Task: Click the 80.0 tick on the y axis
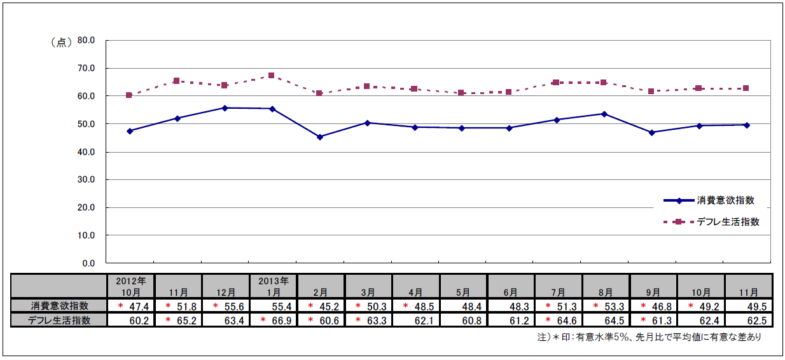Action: pos(86,40)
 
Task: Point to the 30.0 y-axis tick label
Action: pos(86,179)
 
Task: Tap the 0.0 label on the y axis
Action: pos(88,263)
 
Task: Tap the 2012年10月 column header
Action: pos(130,286)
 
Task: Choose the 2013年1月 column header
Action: pos(273,286)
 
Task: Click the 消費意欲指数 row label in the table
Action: pos(59,306)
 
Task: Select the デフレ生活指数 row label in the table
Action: pos(59,320)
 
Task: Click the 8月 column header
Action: pos(606,292)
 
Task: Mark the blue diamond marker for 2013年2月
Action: pos(320,137)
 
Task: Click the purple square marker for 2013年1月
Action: pos(272,76)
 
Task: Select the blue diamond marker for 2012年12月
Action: pos(225,107)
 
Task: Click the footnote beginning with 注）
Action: pos(648,338)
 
